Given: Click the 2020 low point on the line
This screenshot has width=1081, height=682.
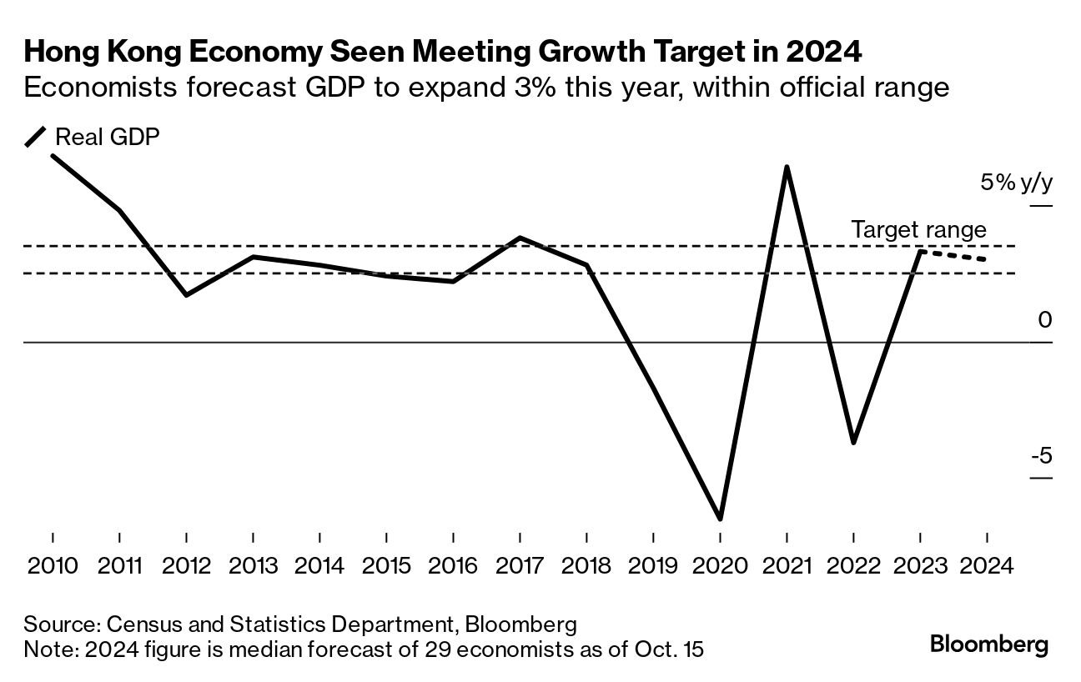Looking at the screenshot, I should [x=720, y=519].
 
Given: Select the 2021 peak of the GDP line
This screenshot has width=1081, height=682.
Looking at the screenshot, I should [x=787, y=167].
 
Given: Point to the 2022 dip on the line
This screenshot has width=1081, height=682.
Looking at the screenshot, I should [x=853, y=443].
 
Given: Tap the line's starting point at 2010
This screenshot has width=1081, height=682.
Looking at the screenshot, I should [x=53, y=155].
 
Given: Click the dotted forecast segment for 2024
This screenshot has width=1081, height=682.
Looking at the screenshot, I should [x=953, y=255].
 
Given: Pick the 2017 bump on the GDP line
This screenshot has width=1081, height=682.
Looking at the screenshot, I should [x=520, y=238].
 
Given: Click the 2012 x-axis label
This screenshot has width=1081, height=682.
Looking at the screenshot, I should [x=186, y=566].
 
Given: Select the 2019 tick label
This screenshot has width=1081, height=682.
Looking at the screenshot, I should [x=653, y=566].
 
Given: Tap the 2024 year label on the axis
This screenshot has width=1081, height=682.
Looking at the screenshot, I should [x=987, y=566].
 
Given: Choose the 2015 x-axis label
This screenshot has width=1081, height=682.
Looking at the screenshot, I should [x=386, y=566].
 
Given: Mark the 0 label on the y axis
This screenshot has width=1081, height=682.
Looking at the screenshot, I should [x=1046, y=320].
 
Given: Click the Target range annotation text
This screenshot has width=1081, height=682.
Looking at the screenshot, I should [x=918, y=230].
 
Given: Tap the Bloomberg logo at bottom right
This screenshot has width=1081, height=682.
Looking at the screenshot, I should [x=989, y=644].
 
